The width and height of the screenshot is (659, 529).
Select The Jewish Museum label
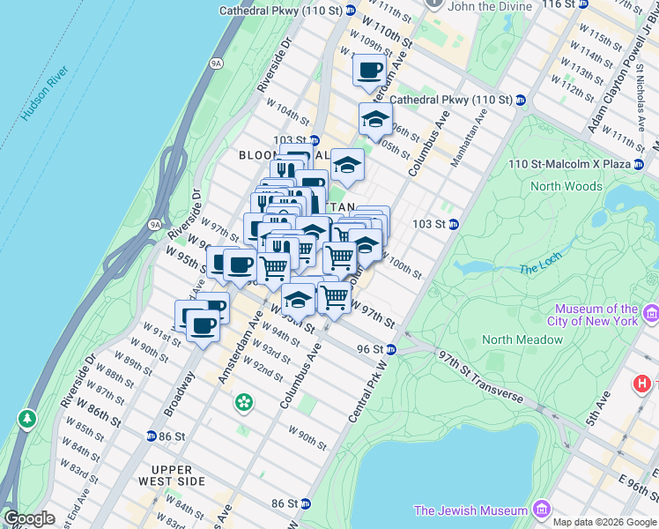(x=470, y=510)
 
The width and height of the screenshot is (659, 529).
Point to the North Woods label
(x=566, y=186)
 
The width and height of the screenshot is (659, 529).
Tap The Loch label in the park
(x=539, y=268)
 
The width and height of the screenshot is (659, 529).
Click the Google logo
(x=29, y=518)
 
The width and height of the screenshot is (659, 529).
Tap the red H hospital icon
(x=643, y=384)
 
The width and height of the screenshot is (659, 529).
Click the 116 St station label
(x=564, y=4)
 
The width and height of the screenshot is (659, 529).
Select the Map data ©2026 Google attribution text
(x=603, y=522)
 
